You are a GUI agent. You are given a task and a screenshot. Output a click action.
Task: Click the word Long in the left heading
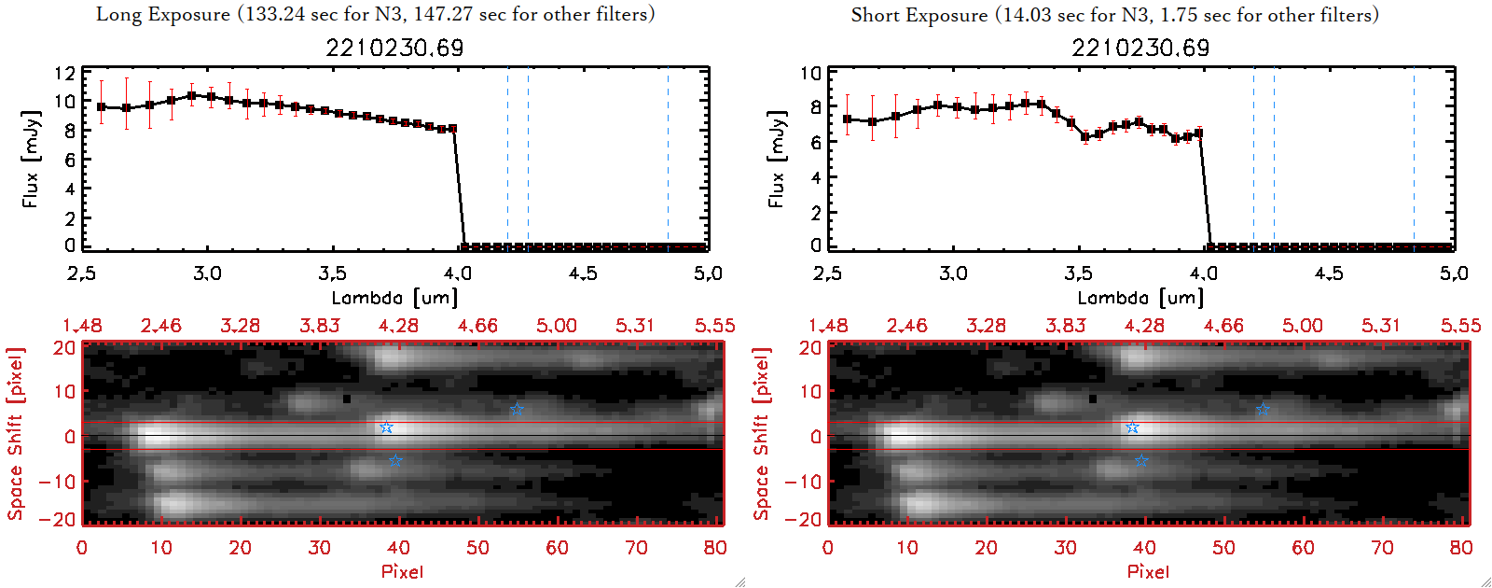pyautogui.click(x=117, y=15)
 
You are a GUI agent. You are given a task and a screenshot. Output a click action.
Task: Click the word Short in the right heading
pyautogui.click(x=873, y=15)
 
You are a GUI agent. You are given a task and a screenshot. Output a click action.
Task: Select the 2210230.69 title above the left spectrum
pyautogui.click(x=394, y=48)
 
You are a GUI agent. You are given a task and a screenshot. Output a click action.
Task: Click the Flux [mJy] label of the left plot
pyautogui.click(x=32, y=159)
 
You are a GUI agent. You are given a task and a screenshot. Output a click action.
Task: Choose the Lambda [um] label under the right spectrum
pyautogui.click(x=1140, y=298)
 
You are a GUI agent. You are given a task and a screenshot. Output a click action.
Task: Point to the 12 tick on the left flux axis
pyautogui.click(x=64, y=74)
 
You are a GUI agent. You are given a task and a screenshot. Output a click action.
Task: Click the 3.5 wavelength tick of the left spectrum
pyautogui.click(x=332, y=273)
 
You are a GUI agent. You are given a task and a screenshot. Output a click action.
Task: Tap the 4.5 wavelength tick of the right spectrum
pyautogui.click(x=1329, y=273)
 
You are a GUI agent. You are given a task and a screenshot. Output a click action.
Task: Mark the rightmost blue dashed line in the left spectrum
pyautogui.click(x=668, y=159)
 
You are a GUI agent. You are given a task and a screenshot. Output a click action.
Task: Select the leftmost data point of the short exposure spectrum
pyautogui.click(x=848, y=119)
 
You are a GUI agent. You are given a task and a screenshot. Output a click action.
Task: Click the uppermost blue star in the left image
pyautogui.click(x=517, y=410)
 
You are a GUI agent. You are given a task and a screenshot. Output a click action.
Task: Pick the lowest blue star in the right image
pyautogui.click(x=1141, y=461)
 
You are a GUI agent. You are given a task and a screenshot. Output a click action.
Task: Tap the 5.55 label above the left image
pyautogui.click(x=714, y=326)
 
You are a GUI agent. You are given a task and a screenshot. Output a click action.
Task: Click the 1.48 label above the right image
pyautogui.click(x=828, y=326)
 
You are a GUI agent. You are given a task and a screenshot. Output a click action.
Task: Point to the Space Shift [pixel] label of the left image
pyautogui.click(x=15, y=434)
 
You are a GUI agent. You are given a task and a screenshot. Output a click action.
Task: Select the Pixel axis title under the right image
pyautogui.click(x=1148, y=571)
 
